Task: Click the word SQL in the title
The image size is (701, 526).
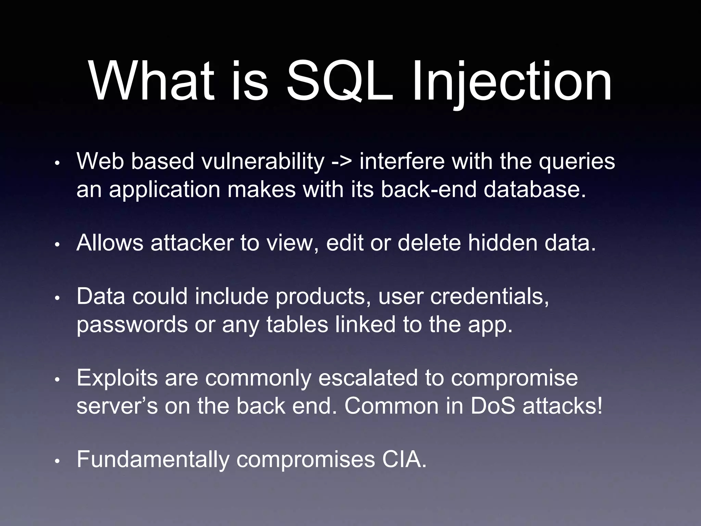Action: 339,82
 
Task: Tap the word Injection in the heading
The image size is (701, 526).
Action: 511,82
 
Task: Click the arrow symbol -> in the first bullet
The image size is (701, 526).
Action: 341,161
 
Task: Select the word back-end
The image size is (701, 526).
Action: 428,189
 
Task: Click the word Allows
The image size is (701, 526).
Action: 110,243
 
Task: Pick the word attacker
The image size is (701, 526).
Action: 192,243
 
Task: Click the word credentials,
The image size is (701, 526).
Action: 489,296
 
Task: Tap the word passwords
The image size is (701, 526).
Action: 132,325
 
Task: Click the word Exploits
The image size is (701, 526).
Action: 117,378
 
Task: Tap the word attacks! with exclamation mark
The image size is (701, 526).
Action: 562,406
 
